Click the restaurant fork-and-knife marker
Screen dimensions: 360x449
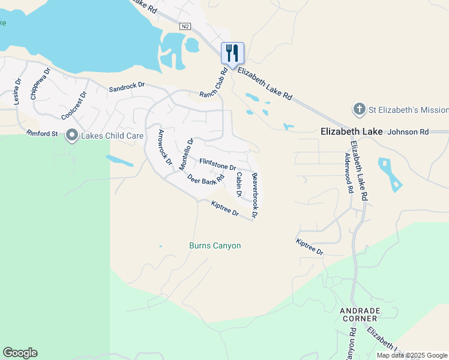point(232,53)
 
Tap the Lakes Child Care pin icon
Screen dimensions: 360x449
point(72,136)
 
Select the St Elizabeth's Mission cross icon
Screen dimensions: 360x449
point(359,110)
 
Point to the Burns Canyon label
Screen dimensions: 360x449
point(215,246)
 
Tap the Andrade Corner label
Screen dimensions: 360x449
point(360,314)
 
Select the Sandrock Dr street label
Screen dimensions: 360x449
point(127,88)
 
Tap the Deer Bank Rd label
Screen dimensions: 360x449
point(205,178)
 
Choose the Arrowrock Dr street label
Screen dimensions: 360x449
point(164,148)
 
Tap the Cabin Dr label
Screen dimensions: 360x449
point(238,185)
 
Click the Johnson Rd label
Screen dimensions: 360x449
point(409,131)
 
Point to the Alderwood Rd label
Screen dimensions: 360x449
point(348,172)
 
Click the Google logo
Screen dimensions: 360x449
point(20,353)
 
